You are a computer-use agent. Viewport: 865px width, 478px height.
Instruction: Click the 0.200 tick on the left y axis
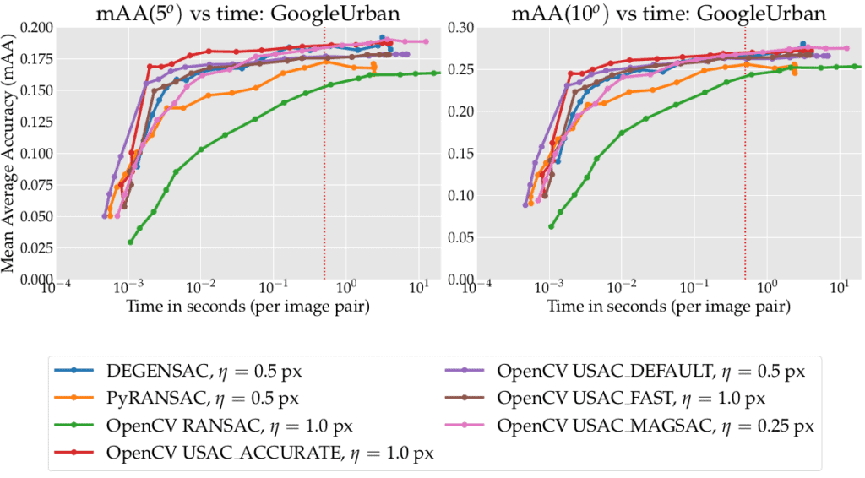34,28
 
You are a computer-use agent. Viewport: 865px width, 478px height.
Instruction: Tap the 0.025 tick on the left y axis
34,248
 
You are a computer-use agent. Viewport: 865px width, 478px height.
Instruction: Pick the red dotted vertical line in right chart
745,169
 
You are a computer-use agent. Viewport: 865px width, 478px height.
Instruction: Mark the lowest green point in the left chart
130,242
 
